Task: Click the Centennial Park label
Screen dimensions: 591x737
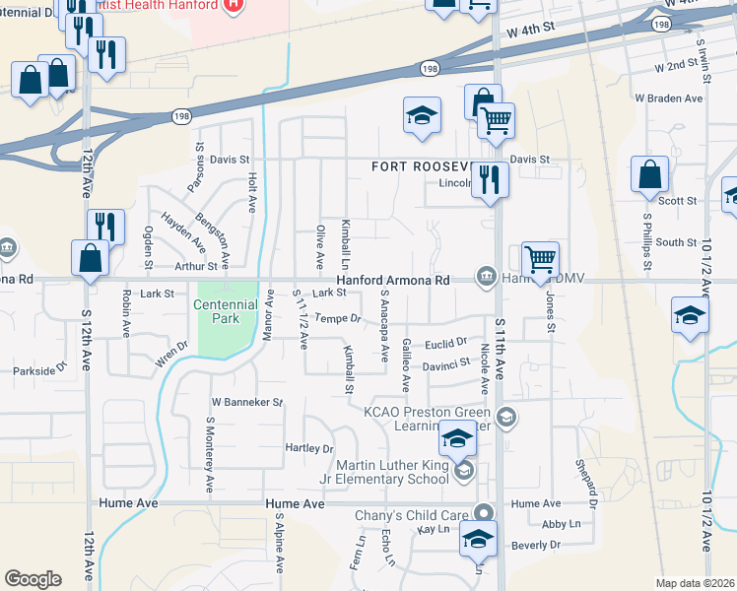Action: (x=225, y=311)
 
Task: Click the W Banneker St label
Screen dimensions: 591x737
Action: (x=246, y=403)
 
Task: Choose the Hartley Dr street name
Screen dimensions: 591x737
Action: (x=309, y=448)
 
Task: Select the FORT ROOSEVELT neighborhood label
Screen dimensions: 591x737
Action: (x=430, y=166)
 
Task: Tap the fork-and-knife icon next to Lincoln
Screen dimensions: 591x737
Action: (x=490, y=180)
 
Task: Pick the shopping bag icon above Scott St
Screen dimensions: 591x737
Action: (x=650, y=176)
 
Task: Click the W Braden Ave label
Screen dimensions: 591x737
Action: (x=668, y=98)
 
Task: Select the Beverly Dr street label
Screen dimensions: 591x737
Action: (x=536, y=544)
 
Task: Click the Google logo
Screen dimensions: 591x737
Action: (x=33, y=579)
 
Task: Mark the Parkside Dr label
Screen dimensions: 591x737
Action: (x=40, y=371)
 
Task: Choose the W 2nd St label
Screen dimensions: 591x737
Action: (x=676, y=68)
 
